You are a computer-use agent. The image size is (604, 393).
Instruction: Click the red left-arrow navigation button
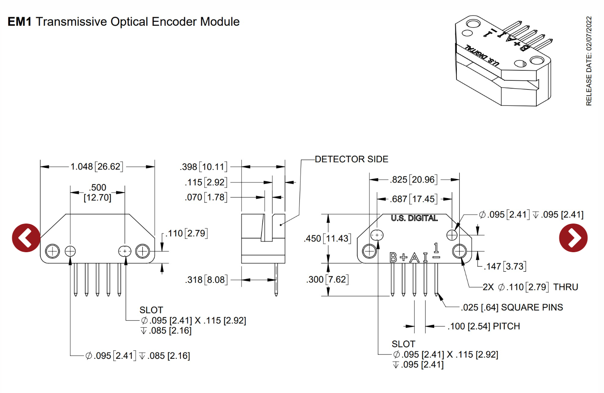26,238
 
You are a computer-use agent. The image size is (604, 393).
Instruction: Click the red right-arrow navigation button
573,238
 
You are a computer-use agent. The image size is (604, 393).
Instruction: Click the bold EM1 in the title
19,22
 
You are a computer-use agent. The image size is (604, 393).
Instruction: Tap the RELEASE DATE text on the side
589,61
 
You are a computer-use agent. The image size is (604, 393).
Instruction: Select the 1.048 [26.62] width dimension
97,167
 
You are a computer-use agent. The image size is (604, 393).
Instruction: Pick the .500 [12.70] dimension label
97,193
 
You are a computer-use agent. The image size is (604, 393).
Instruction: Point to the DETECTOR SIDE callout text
352,159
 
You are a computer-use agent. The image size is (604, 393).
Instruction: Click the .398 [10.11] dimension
204,167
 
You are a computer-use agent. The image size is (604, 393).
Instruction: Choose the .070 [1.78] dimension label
206,197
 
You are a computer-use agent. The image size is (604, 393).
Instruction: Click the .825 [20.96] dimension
414,180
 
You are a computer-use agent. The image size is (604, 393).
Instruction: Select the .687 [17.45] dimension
414,199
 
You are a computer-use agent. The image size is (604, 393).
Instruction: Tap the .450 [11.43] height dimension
327,239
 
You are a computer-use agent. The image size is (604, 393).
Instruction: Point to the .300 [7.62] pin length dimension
327,280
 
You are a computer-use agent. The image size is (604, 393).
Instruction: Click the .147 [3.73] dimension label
505,267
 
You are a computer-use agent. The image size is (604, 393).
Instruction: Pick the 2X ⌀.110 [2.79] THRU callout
530,287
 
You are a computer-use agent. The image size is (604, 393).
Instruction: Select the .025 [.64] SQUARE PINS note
512,307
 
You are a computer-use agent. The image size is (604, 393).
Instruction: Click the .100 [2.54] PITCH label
484,327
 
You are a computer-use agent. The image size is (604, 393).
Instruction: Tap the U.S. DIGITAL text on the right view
414,218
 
